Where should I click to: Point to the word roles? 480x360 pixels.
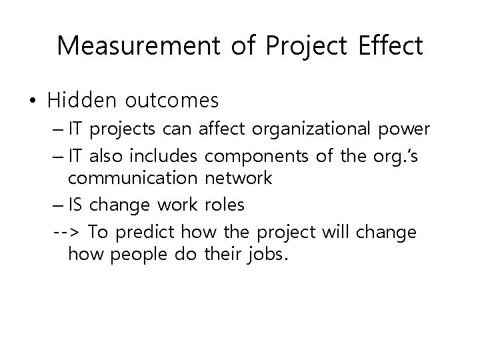pos(224,204)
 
